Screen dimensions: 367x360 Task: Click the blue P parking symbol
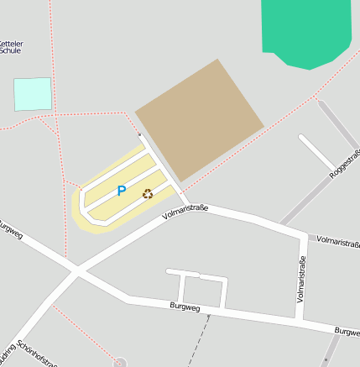[x=121, y=191]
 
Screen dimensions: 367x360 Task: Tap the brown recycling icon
[x=148, y=194]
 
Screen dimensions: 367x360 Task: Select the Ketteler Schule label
[x=12, y=45]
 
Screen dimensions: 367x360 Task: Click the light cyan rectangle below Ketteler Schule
[x=33, y=94]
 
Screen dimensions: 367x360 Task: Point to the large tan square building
[x=200, y=118]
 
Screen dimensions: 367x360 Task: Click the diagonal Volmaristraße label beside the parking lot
[x=185, y=211]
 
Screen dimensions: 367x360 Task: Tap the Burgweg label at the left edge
[x=8, y=228]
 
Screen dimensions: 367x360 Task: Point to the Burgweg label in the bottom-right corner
[x=347, y=332]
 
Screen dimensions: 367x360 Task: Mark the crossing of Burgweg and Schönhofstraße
[x=76, y=270]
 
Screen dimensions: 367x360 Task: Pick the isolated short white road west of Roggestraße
[x=316, y=152]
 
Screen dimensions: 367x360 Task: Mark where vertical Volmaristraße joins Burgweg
[x=299, y=319]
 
